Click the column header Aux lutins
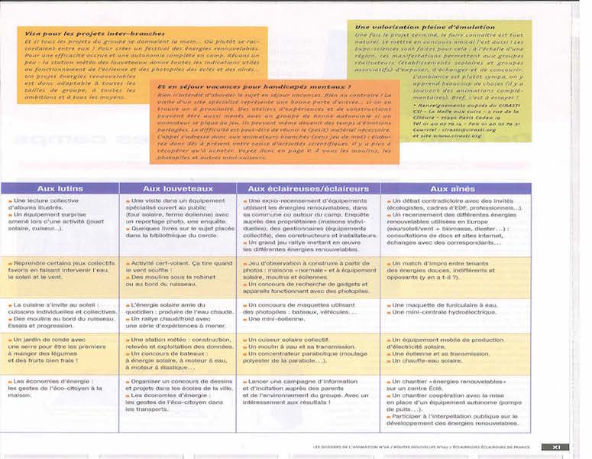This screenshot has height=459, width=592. click(60, 188)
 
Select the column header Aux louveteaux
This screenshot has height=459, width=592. click(177, 188)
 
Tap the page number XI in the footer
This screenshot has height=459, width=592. click(555, 447)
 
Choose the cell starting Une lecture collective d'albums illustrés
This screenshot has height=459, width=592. click(60, 214)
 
